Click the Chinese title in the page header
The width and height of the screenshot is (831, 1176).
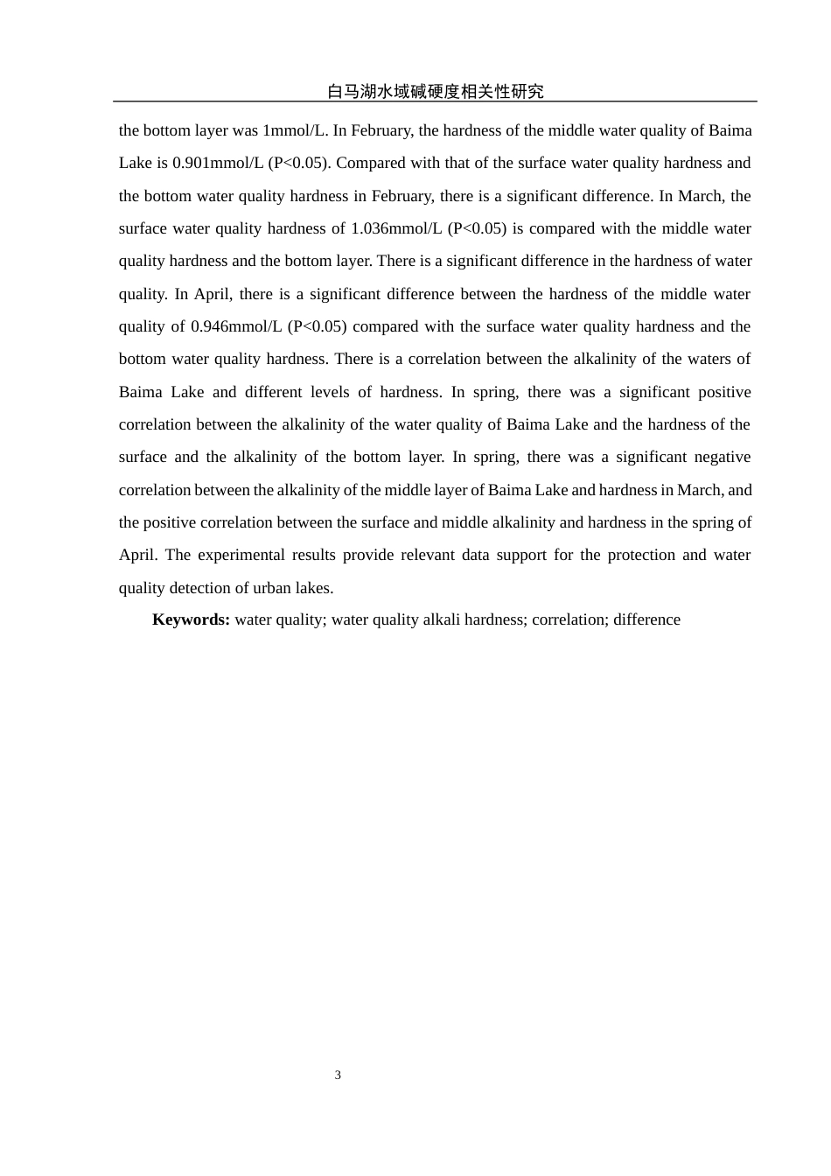435,91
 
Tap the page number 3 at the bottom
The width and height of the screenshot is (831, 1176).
338,1074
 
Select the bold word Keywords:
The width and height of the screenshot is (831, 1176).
191,619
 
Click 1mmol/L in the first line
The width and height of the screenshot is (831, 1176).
295,130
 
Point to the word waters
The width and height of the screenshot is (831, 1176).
707,359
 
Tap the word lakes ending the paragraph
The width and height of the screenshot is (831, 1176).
314,588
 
